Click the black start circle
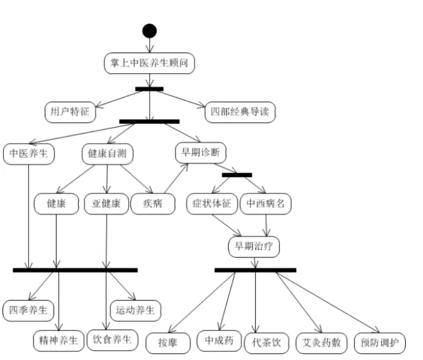150,31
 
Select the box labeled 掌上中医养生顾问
150,63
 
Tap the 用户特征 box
69,112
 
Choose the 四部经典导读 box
240,112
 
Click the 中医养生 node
29,153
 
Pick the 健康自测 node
107,153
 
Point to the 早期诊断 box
201,152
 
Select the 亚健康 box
107,204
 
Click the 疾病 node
152,204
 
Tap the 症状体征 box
212,204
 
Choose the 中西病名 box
266,204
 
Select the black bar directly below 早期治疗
255,270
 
